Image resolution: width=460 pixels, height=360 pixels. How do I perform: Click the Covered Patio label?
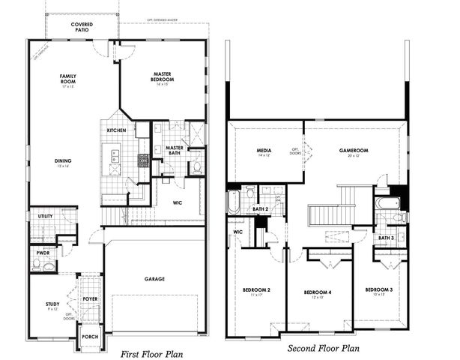tap(82, 28)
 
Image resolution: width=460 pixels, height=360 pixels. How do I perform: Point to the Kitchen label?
tap(116, 130)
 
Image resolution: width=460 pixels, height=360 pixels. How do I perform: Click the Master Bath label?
tap(175, 150)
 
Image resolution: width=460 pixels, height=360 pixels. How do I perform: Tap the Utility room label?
tap(44, 216)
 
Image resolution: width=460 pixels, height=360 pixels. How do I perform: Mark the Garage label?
tap(154, 279)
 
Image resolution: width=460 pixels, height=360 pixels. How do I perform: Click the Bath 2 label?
tap(260, 208)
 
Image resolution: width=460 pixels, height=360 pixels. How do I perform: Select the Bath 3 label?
tap(387, 238)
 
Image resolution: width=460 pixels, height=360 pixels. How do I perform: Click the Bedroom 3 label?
tap(379, 289)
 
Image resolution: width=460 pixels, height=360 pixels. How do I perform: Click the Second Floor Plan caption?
tap(323, 348)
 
